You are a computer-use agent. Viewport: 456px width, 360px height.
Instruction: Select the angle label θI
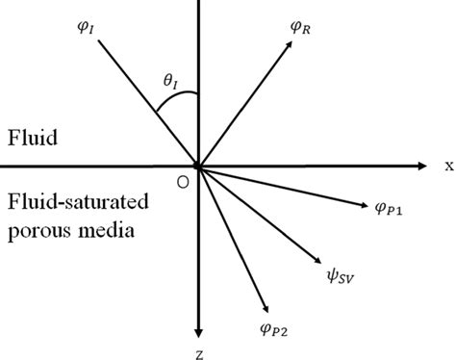click(x=171, y=83)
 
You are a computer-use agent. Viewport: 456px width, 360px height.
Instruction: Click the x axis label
click(x=448, y=166)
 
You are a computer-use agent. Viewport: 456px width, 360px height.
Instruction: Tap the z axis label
click(x=198, y=353)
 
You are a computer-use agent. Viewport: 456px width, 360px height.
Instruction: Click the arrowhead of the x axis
click(x=424, y=167)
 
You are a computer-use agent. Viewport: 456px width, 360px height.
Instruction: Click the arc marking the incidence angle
click(x=175, y=101)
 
